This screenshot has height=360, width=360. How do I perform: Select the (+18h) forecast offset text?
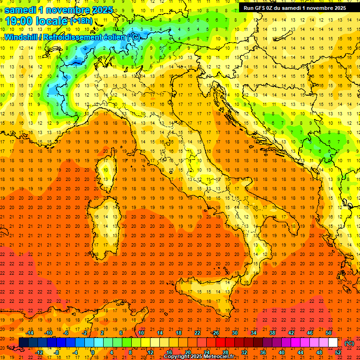coord(81,21)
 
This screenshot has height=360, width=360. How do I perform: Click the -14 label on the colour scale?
coord(30,333)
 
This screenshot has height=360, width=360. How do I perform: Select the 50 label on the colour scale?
coord(328,333)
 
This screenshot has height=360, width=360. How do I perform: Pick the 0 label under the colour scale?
coord(93,352)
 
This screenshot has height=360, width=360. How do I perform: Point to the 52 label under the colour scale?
coord(337,352)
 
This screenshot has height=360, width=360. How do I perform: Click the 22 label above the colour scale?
coord(197,333)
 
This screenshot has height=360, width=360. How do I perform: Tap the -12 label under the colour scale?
coord(39,352)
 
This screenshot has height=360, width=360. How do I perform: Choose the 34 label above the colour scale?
coord(253,333)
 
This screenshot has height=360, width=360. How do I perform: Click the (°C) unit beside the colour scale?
coord(349,343)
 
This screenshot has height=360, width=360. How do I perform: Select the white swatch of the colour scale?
coord(333,343)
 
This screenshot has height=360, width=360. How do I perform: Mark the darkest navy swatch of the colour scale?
coord(23,343)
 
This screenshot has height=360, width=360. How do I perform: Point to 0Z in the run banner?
coord(274,7)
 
